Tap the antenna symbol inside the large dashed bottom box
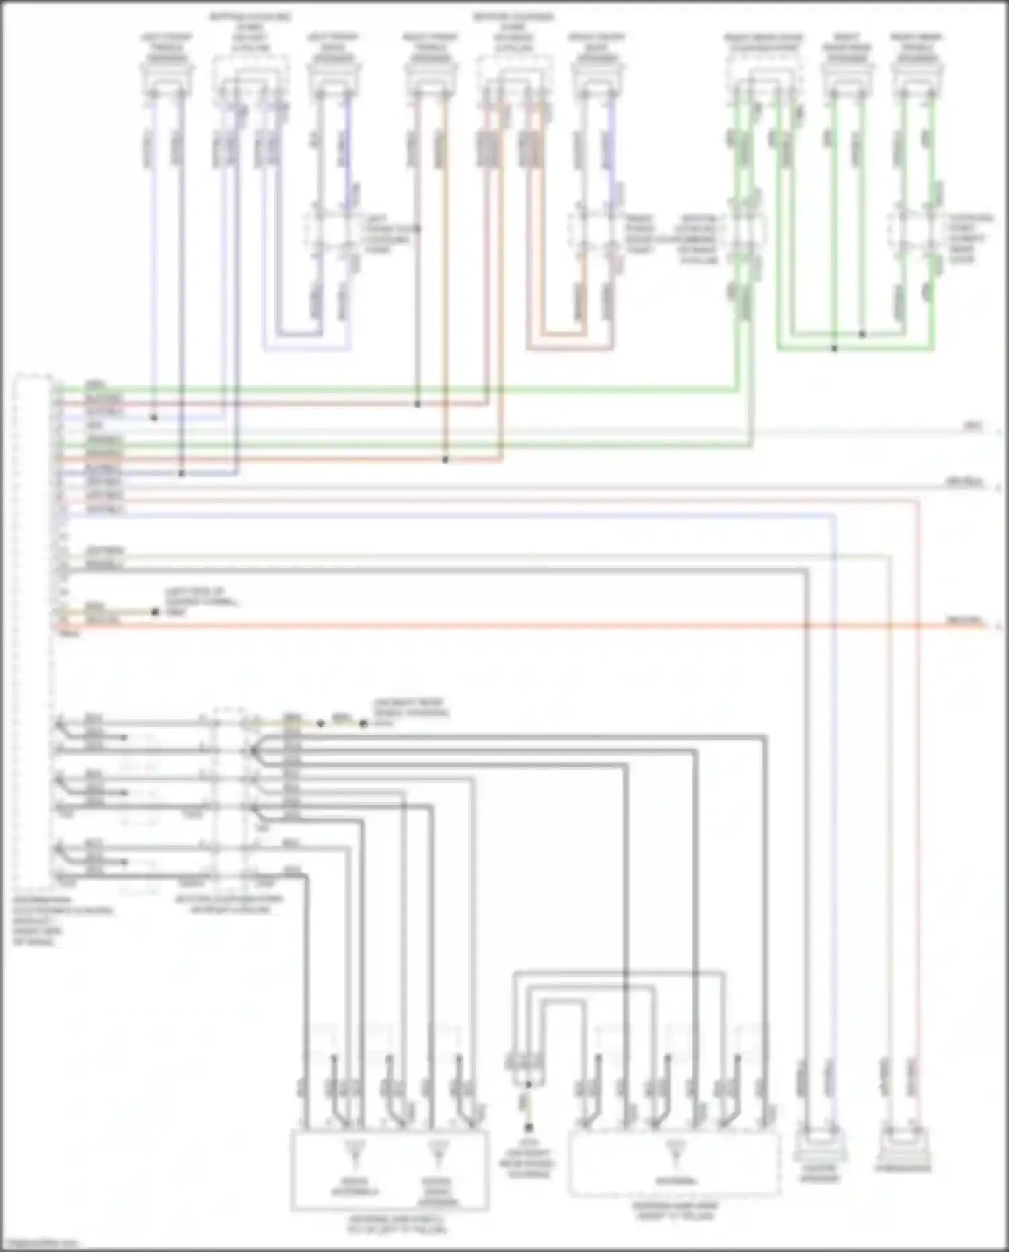[x=676, y=1152]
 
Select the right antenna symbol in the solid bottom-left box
[x=439, y=1152]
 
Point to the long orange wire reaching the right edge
[x=538, y=626]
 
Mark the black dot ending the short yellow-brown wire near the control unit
[x=155, y=612]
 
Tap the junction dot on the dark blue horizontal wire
[x=181, y=474]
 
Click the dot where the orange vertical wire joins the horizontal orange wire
[x=445, y=460]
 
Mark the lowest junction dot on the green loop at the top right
[x=834, y=348]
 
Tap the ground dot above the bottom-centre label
[x=529, y=1127]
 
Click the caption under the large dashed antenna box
[x=675, y=1211]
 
